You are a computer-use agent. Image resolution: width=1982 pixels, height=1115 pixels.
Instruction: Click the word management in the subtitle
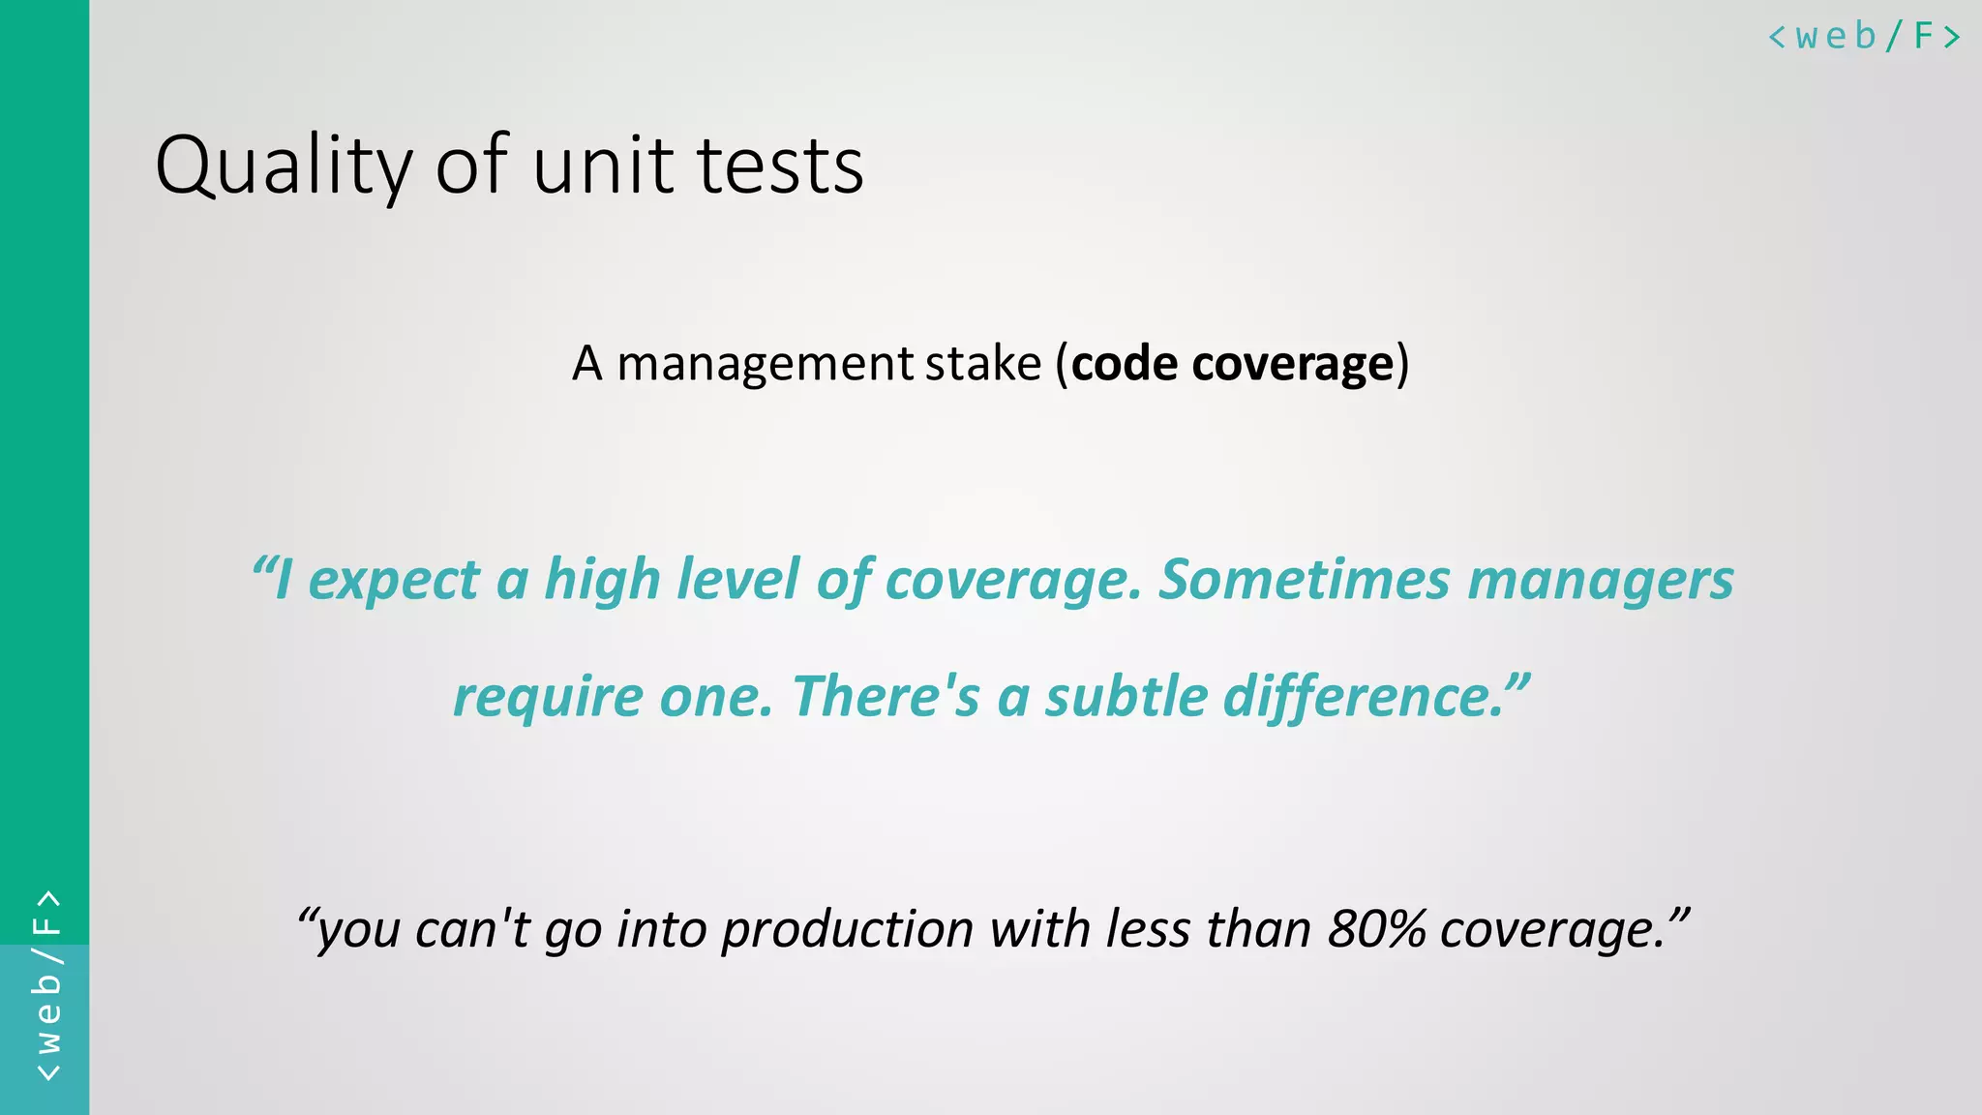(765, 365)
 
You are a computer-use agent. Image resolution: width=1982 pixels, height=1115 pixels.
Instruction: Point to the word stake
(983, 365)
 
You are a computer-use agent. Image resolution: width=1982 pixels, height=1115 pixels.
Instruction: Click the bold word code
(1125, 365)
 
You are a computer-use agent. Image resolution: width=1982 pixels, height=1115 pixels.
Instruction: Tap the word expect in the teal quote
(393, 581)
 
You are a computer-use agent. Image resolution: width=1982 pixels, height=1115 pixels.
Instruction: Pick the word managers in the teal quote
(1601, 581)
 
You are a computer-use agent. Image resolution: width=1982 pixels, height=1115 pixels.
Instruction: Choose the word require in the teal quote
(548, 698)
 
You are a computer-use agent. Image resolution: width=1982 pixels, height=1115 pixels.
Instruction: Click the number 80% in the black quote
(1376, 929)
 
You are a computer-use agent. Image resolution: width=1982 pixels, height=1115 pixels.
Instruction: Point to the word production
(847, 929)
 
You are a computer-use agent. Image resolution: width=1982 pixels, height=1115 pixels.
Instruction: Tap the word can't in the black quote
(472, 929)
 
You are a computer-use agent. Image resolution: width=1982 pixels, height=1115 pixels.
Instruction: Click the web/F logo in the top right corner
(1864, 37)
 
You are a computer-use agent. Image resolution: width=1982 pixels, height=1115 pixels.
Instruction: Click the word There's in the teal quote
(886, 696)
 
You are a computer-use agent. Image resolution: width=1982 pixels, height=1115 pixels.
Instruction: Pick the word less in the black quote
(1148, 929)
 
